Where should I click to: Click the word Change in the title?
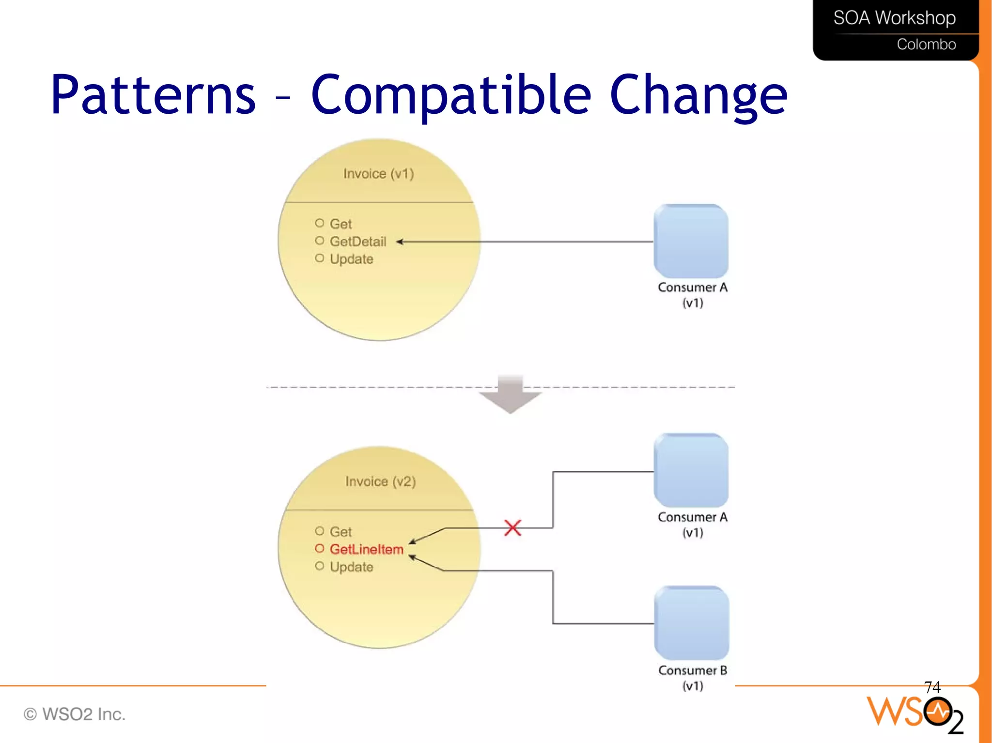698,95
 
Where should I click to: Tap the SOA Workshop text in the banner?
894,18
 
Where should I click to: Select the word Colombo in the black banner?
926,45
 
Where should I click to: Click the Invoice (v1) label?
378,174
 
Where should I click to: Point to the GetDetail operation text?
357,242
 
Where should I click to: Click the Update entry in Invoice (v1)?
351,259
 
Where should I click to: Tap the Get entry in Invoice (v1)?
341,224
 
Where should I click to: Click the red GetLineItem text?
366,549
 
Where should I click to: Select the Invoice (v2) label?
380,482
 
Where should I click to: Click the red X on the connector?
512,528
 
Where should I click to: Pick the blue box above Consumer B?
691,623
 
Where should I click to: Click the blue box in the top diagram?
691,241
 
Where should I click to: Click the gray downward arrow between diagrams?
510,394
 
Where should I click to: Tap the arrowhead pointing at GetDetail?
399,242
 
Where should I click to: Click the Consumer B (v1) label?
693,678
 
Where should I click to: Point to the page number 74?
932,687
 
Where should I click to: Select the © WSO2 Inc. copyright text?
75,714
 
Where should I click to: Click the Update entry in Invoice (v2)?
351,567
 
